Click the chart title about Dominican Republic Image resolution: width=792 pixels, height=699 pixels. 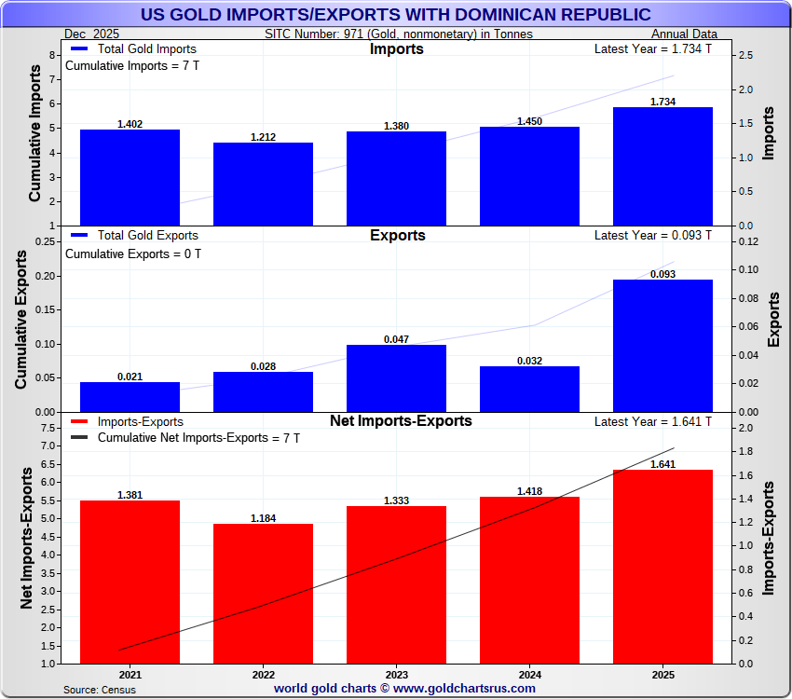coord(395,15)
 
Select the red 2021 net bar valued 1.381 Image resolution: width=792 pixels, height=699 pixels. coord(130,582)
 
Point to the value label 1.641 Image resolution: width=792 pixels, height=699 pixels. coord(662,463)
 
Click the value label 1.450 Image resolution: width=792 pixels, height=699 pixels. coord(530,121)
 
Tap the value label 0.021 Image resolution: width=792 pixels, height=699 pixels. coord(130,377)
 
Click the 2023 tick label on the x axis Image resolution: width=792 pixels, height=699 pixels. coord(396,674)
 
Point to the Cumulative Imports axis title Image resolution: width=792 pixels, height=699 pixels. coord(34,140)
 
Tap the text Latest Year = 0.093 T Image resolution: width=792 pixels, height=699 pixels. coord(652,236)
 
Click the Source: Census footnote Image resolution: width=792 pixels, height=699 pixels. coord(100,690)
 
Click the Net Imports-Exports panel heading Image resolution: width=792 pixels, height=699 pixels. coord(401,421)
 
